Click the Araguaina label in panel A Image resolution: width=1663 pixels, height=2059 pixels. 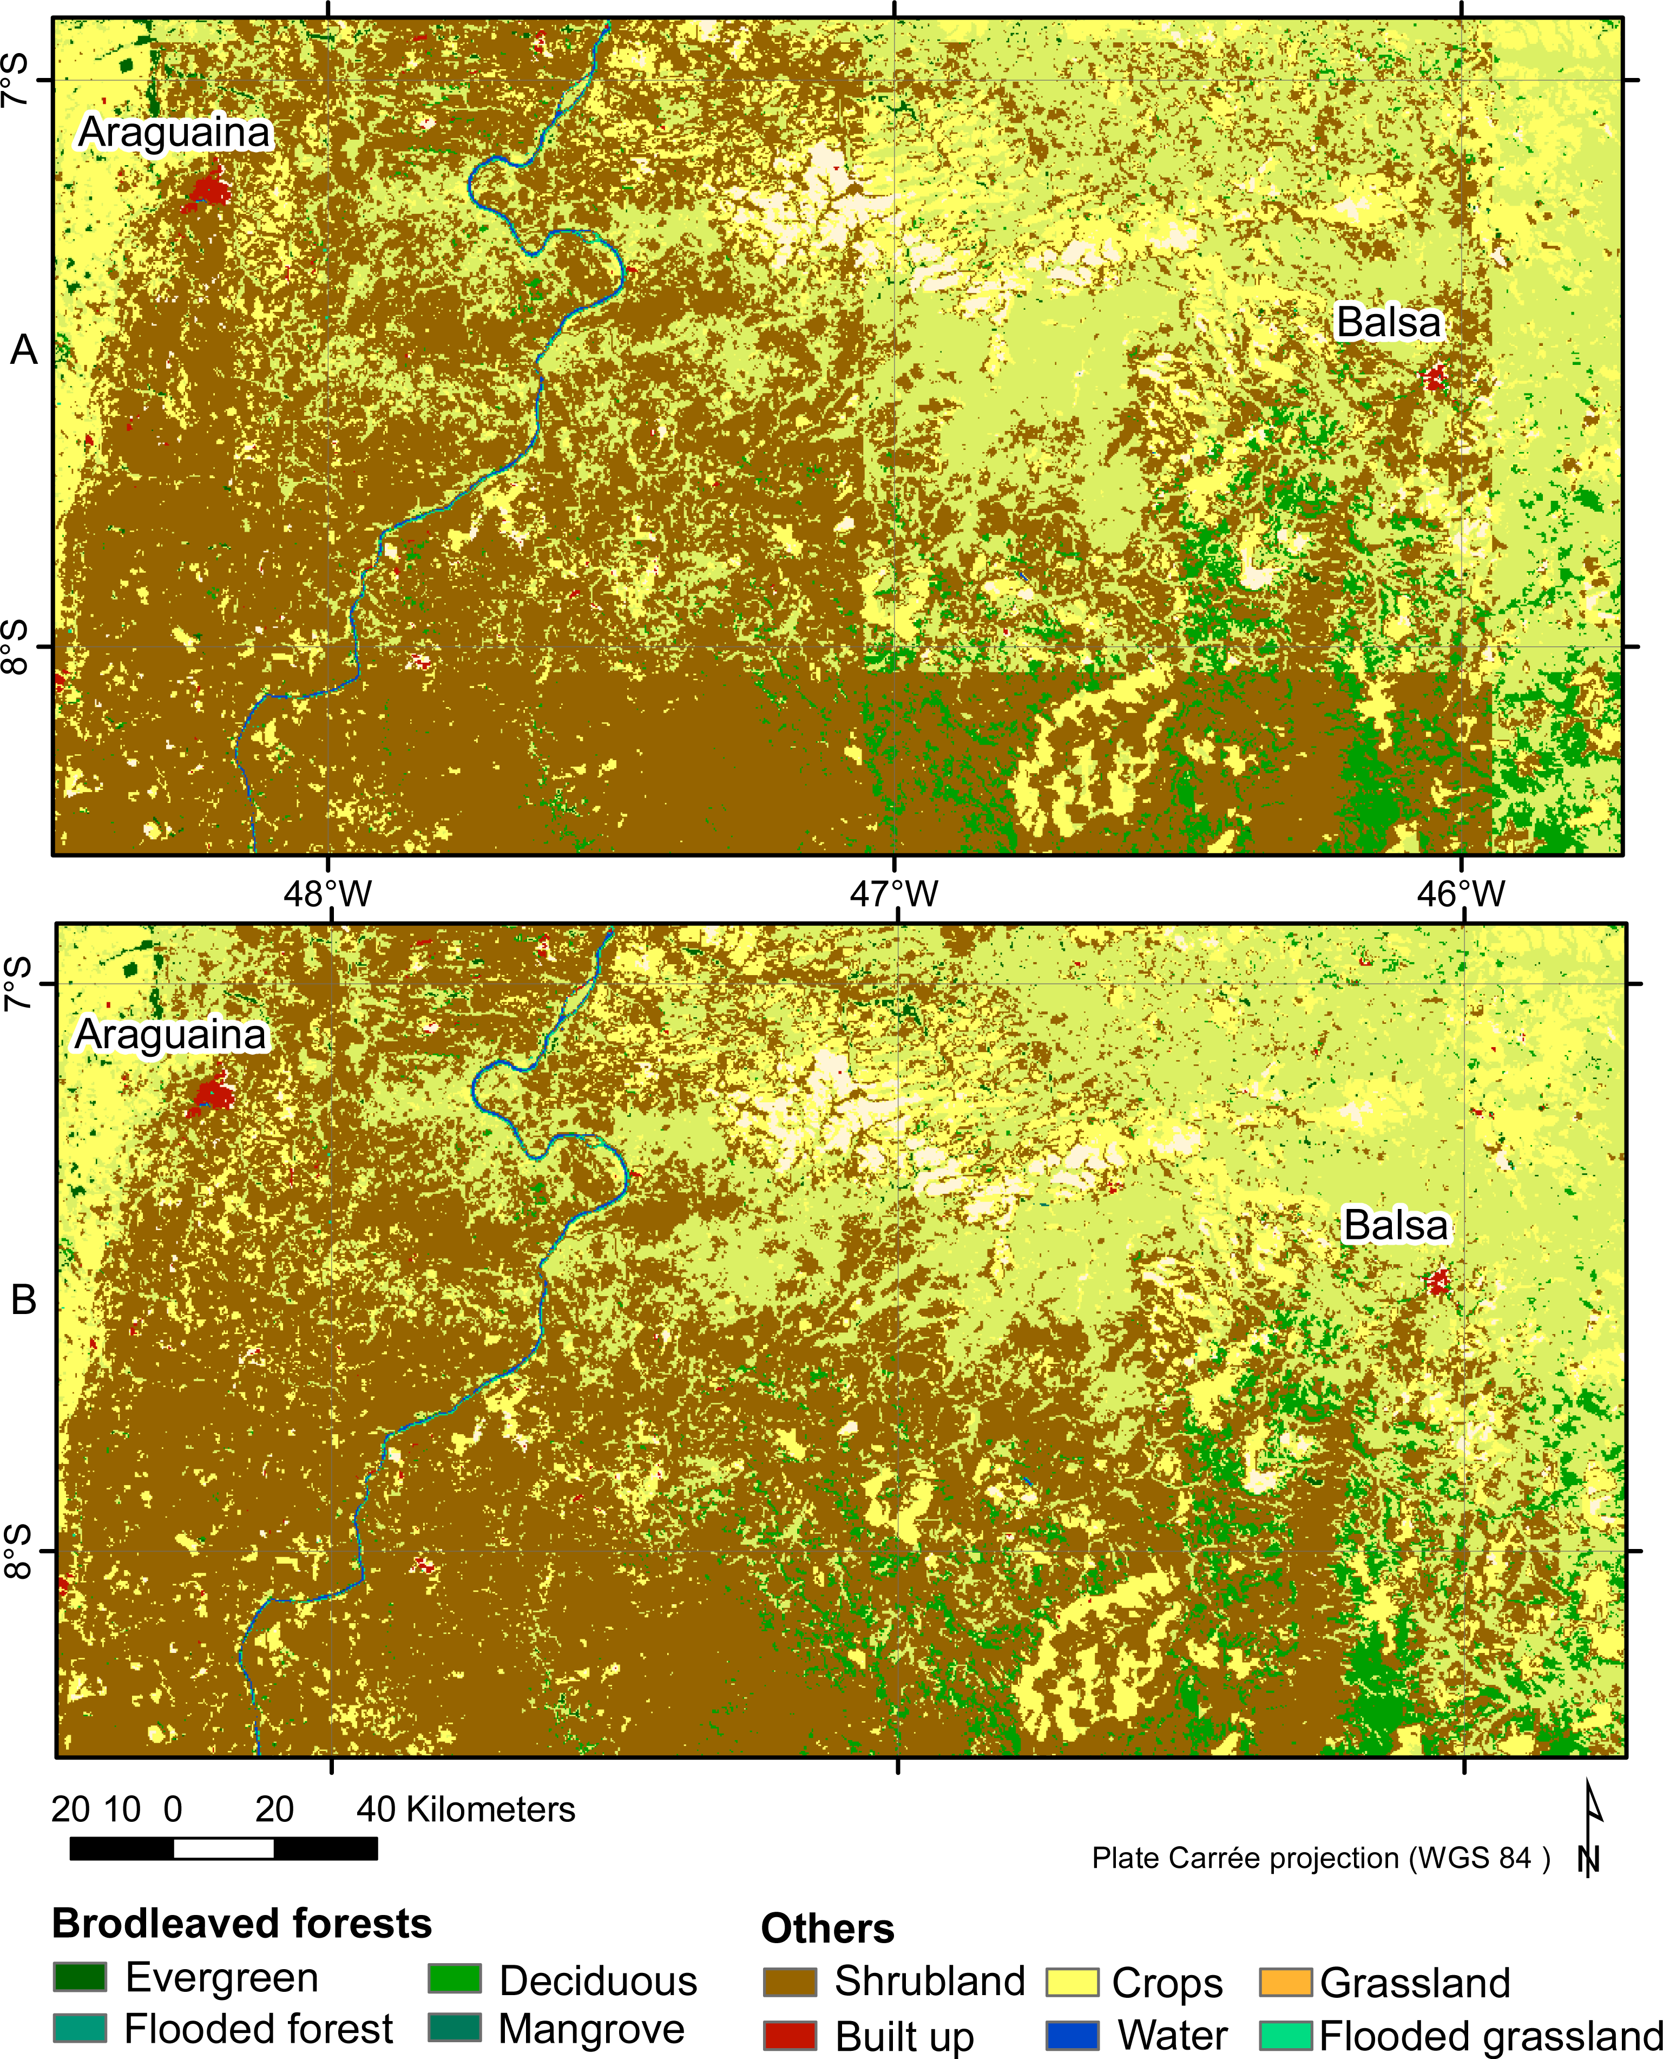pyautogui.click(x=174, y=132)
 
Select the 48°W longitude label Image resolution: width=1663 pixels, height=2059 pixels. pyautogui.click(x=327, y=894)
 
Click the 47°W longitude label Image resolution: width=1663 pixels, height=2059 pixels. pyautogui.click(x=895, y=894)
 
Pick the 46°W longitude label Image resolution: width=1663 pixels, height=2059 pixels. pyautogui.click(x=1461, y=894)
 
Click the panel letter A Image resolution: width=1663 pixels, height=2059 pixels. pyautogui.click(x=24, y=351)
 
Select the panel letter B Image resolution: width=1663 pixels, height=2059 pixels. pyautogui.click(x=24, y=1300)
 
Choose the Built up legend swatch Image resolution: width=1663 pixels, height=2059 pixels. pyautogui.click(x=790, y=2035)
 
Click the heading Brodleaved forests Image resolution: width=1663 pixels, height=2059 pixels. pyautogui.click(x=241, y=1923)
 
